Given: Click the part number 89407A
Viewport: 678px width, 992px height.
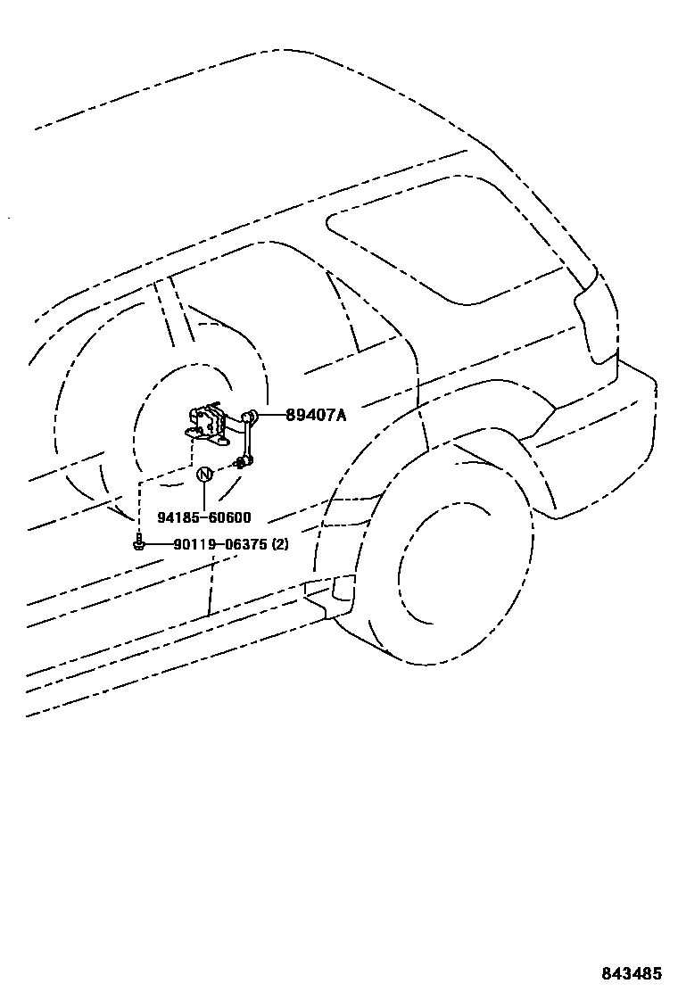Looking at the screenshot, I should [x=316, y=415].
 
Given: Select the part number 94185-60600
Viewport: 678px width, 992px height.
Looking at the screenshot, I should [x=204, y=517].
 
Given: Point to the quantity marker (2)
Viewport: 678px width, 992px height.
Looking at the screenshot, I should [x=279, y=544].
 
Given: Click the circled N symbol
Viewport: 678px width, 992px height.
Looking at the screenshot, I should [x=204, y=474].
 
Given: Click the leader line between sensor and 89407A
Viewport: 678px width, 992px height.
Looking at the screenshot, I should [x=271, y=415].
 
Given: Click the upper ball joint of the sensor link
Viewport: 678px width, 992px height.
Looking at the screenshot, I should [x=252, y=415].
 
